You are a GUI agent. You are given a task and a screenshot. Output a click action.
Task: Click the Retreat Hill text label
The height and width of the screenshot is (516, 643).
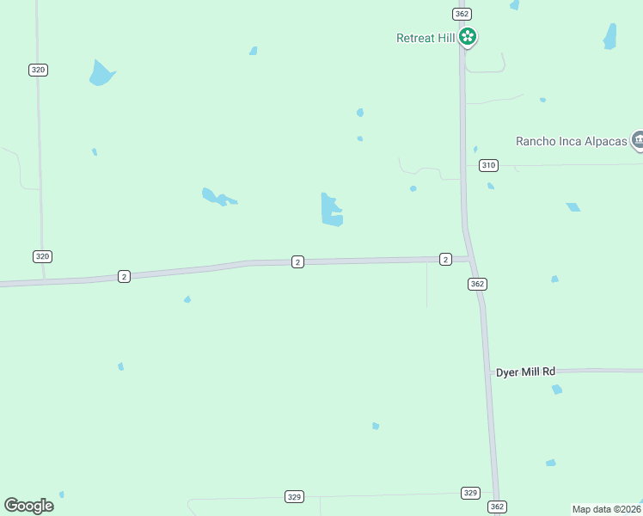pos(425,38)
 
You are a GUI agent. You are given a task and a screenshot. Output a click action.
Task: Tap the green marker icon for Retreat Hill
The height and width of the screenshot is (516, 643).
pos(467,37)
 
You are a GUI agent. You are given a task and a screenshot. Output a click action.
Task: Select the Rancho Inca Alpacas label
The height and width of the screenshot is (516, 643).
pos(571,141)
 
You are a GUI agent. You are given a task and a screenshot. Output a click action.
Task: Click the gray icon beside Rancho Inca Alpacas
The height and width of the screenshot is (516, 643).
pos(637,139)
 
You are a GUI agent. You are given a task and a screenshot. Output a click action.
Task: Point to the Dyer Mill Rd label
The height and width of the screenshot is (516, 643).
pos(526,372)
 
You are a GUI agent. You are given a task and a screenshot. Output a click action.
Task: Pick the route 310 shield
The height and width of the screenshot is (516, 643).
pos(488,165)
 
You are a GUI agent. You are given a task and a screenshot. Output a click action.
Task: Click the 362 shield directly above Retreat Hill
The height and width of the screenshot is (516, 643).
pos(462,14)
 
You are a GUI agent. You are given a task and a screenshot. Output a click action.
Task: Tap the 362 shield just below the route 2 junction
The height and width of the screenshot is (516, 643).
pos(478,284)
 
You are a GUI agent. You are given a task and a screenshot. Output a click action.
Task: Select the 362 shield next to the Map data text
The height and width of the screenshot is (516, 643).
pos(497,507)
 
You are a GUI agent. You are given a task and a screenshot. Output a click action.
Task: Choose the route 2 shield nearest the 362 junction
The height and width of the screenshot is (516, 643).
pos(445,259)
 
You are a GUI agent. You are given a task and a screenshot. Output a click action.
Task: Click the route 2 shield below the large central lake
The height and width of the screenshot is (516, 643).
pos(297,261)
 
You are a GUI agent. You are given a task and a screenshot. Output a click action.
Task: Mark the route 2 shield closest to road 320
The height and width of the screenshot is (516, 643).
pos(125,276)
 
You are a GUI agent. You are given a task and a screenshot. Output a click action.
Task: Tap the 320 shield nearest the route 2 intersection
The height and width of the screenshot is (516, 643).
pos(43,256)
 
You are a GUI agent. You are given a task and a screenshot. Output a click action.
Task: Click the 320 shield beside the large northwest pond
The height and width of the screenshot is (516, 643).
pos(38,70)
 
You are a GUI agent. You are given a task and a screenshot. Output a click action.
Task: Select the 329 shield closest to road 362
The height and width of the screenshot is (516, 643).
pos(470,493)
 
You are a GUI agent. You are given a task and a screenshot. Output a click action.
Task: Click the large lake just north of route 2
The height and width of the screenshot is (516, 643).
pos(331,211)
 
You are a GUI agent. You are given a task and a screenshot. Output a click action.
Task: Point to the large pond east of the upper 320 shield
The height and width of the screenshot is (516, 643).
pos(101,74)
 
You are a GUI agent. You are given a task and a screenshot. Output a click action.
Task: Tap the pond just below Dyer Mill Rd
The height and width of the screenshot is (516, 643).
pos(557,390)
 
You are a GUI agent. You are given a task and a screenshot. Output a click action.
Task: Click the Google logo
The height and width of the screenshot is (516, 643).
pos(28,506)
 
